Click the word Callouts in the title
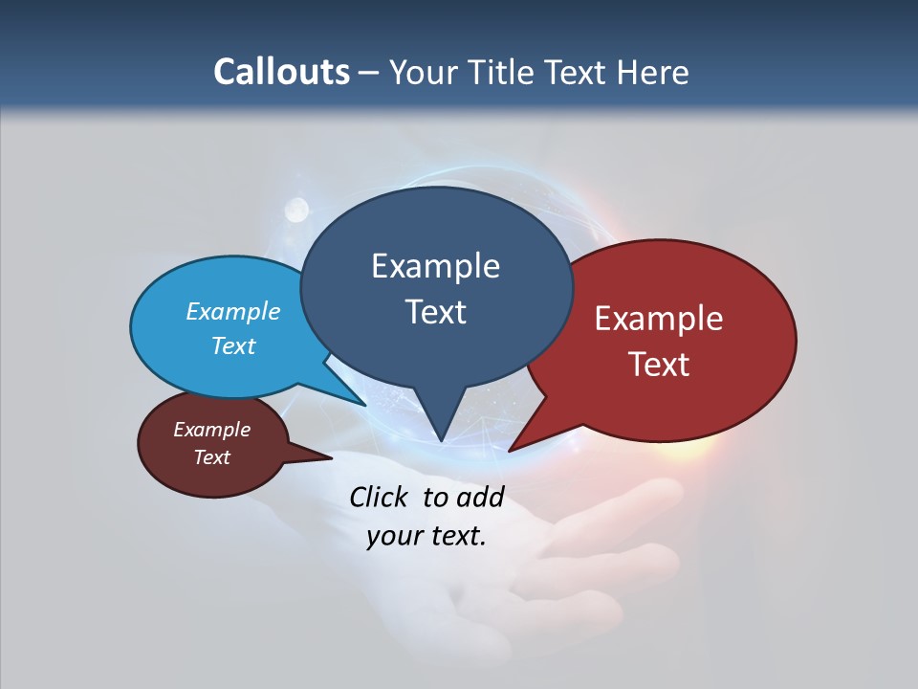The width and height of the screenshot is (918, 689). tap(282, 72)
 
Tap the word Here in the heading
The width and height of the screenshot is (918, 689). tap(654, 72)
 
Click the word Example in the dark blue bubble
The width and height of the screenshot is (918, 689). tap(435, 266)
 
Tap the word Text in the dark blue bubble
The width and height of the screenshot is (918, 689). tap(435, 312)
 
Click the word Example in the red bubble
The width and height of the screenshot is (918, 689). tap(659, 319)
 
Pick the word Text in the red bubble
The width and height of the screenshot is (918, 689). tap(659, 365)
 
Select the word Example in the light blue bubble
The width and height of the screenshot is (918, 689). tap(233, 311)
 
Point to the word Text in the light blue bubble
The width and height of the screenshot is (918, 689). tap(233, 345)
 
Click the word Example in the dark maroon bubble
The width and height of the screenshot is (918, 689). tap(211, 430)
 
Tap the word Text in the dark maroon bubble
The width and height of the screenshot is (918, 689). tap(211, 457)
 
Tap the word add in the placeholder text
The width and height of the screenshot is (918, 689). tap(480, 497)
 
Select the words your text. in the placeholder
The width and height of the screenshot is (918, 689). tap(426, 536)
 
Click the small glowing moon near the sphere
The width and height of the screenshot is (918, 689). tap(297, 207)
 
